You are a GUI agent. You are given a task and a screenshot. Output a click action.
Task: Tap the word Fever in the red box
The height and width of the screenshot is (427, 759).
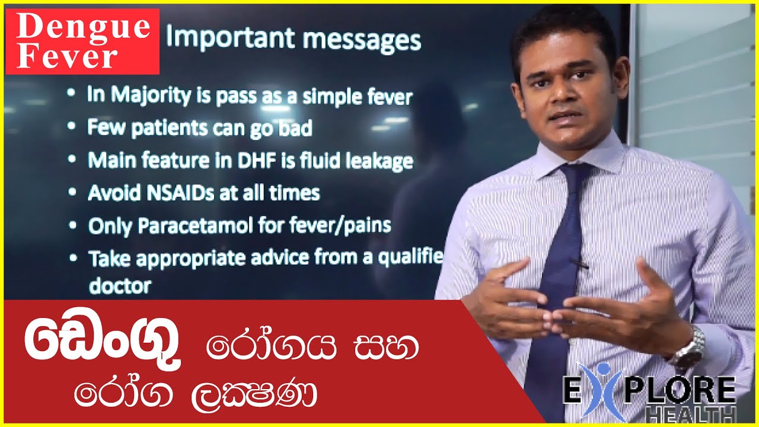click(x=66, y=57)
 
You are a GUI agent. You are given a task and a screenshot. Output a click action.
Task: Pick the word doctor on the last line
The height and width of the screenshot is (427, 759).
click(x=120, y=286)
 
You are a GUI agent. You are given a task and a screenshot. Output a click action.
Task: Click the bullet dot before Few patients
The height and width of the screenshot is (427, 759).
click(x=72, y=126)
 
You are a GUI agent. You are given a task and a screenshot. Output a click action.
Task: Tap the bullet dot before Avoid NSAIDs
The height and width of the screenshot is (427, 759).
click(x=72, y=192)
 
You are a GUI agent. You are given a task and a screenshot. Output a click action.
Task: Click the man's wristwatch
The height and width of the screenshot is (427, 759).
click(x=691, y=350)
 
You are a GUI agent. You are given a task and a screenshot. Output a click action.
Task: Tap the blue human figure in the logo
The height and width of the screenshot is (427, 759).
click(x=601, y=391)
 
